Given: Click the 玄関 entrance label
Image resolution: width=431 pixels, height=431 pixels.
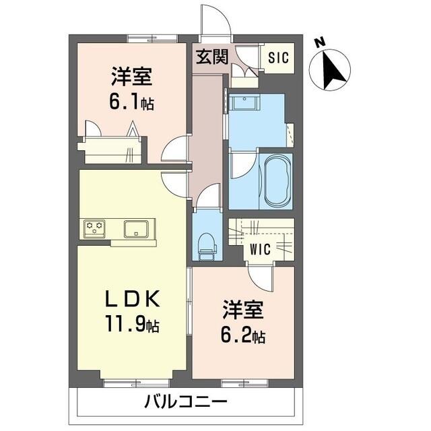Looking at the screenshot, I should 211,57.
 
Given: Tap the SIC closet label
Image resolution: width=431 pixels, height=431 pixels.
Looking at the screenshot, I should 278,58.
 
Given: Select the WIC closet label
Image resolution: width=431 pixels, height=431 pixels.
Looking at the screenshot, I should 261,248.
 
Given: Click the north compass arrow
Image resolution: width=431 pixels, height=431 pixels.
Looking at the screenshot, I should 331,71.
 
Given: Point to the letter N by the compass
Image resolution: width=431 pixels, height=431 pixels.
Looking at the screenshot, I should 321,42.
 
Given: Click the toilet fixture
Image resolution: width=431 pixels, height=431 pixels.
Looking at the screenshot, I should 207,246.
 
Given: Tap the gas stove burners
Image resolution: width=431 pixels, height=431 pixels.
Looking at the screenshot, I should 95,228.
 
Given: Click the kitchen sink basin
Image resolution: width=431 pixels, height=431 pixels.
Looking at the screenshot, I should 138,228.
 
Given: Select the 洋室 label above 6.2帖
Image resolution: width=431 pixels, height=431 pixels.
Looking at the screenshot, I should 244,311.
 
